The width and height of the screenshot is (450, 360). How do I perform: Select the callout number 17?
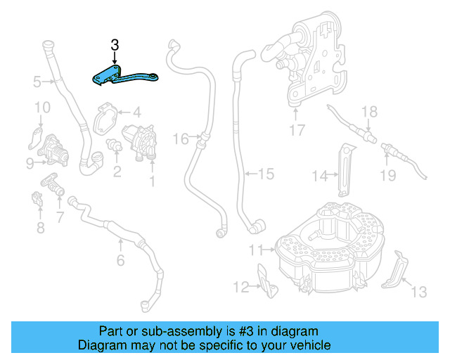click(x=297, y=129)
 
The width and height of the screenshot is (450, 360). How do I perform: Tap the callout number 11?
click(x=255, y=249)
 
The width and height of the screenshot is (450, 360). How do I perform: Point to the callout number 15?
click(x=265, y=173)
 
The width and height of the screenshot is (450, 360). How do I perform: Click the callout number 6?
click(x=120, y=261)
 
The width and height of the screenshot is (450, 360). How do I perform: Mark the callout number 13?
click(x=418, y=291)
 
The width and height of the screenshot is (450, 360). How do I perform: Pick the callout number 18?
click(x=369, y=112)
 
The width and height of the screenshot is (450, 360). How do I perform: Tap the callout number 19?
click(x=388, y=174)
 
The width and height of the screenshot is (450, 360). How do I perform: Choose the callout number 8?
click(x=40, y=227)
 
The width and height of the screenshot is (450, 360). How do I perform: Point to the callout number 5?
click(x=37, y=82)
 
